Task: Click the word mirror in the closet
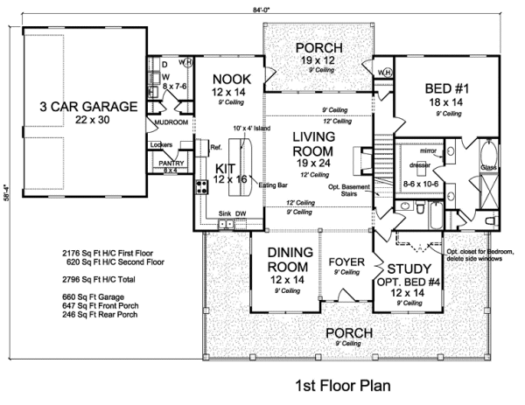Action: (416, 150)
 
